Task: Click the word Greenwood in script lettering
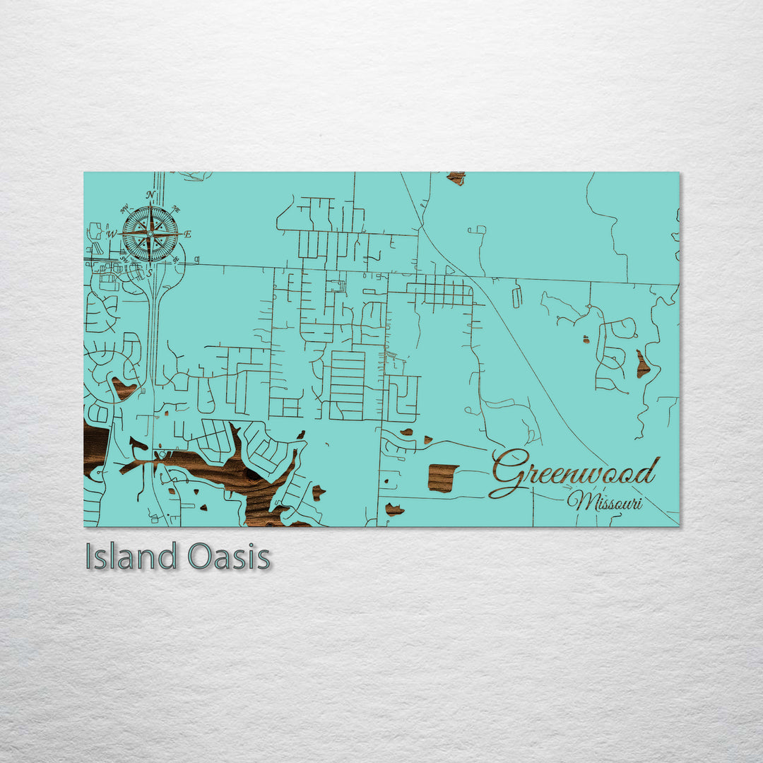coord(576,473)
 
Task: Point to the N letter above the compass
coord(150,195)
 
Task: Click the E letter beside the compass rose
coord(188,234)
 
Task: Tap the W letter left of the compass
coord(111,232)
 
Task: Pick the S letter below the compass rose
coord(150,272)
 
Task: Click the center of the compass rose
coord(150,233)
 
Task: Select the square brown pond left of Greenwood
coord(442,478)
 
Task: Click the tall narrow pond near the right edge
coord(642,365)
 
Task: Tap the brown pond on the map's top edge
coord(456,177)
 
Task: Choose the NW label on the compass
coord(124,208)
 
